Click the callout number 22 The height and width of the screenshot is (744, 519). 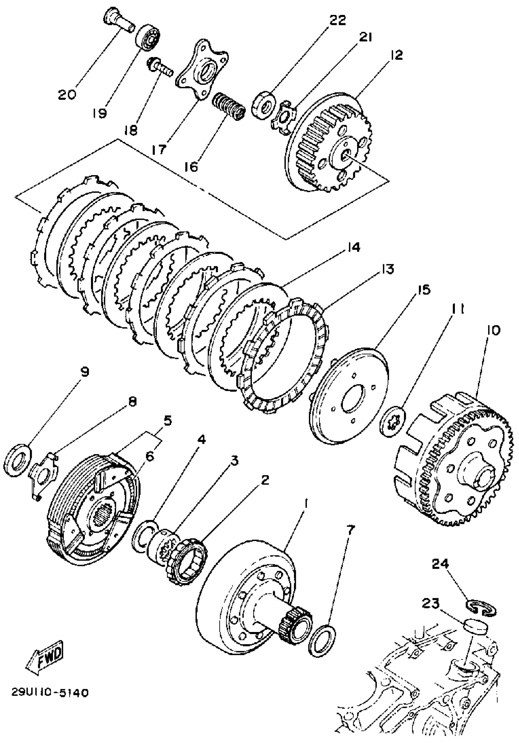(338, 20)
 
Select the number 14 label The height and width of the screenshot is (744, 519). (351, 248)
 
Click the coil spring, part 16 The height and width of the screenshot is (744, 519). (229, 106)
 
